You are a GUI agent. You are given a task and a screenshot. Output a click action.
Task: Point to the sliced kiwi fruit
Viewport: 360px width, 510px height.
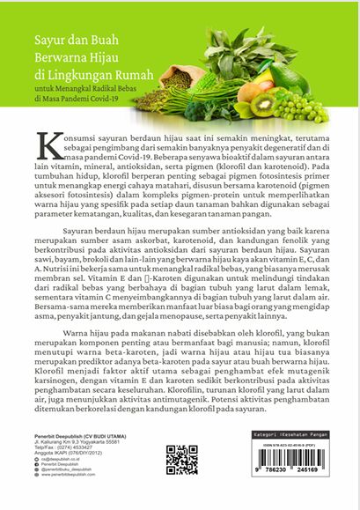[289, 103]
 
